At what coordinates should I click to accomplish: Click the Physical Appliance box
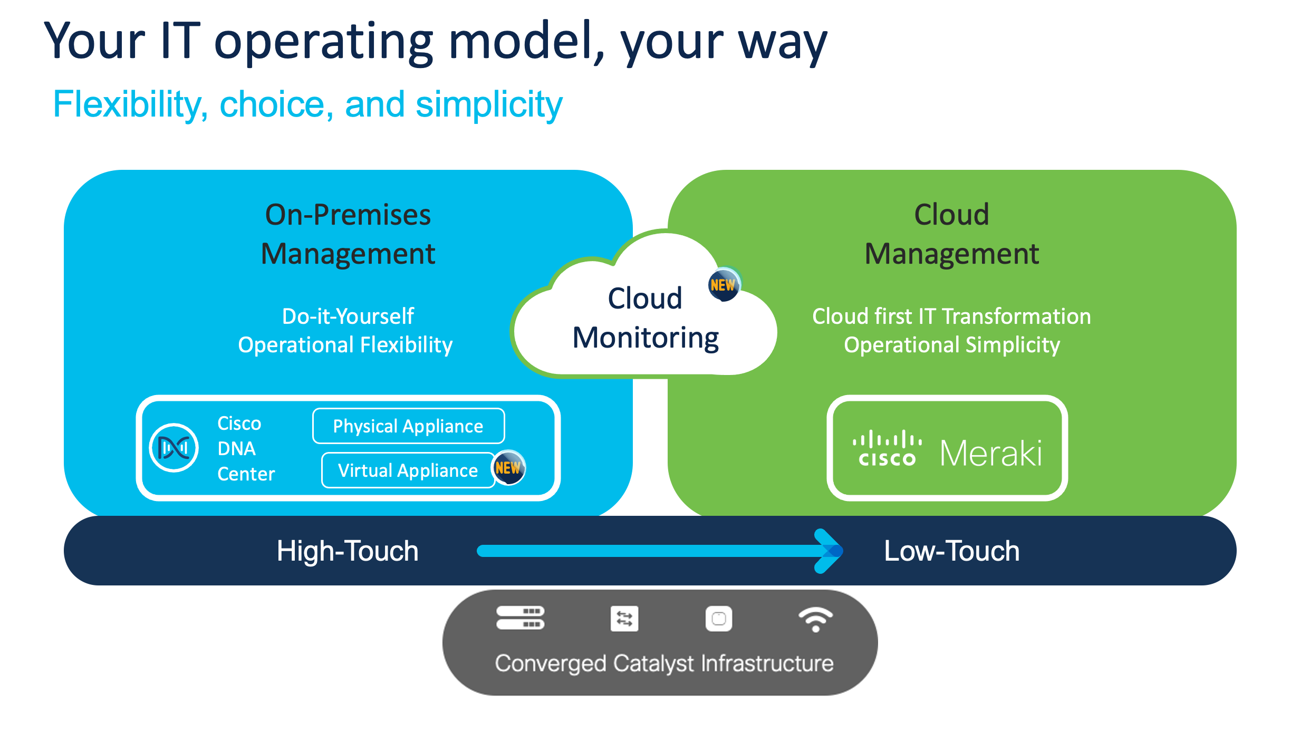(x=408, y=426)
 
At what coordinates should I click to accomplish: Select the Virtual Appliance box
(x=408, y=470)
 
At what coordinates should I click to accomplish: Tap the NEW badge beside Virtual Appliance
(x=508, y=468)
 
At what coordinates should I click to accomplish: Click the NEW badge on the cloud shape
(x=723, y=285)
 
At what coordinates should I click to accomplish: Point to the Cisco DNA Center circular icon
(x=174, y=448)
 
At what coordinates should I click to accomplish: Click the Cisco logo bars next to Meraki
(x=887, y=448)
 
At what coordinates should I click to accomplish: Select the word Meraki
(x=991, y=453)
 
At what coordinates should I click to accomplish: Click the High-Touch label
(x=348, y=551)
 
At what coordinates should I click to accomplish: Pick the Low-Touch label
(x=951, y=551)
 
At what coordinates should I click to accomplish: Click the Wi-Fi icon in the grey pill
(x=815, y=619)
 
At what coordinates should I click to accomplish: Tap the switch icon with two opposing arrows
(x=624, y=619)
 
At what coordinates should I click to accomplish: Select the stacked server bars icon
(x=520, y=618)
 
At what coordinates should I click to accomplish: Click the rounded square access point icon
(x=719, y=619)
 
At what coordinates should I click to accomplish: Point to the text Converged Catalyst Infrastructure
(x=664, y=663)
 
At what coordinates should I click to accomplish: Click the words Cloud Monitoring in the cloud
(x=646, y=319)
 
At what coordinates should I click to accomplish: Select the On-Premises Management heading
(x=348, y=234)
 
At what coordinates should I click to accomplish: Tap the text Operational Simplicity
(x=951, y=345)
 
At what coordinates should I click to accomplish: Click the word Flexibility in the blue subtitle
(x=128, y=105)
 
